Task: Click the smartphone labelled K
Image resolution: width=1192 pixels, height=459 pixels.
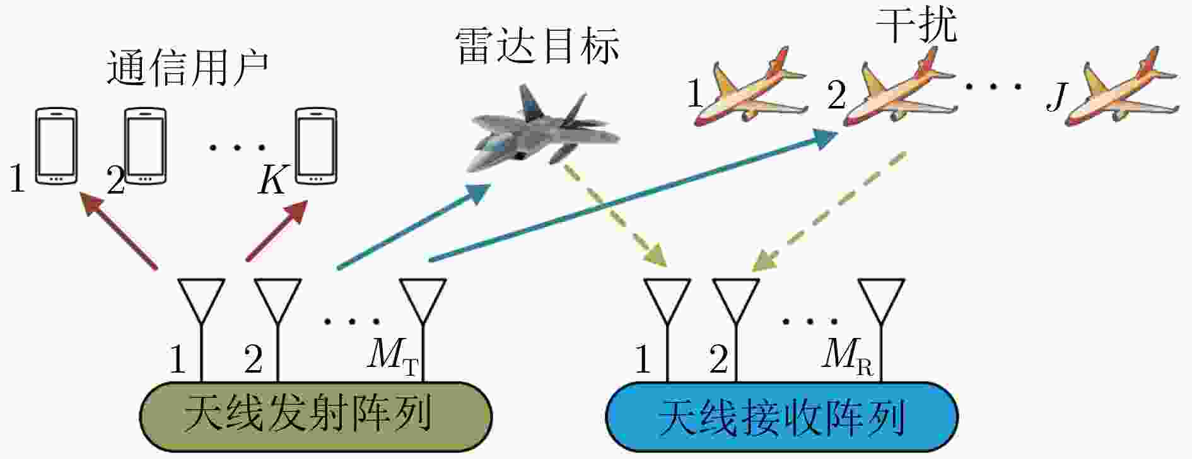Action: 317,145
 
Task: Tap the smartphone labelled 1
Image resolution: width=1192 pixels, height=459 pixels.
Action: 56,146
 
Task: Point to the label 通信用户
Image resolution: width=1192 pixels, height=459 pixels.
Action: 187,68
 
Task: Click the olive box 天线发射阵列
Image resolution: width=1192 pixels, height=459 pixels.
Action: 315,417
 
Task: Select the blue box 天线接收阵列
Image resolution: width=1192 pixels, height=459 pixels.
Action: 781,417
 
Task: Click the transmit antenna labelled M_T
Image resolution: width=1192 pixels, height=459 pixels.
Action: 423,303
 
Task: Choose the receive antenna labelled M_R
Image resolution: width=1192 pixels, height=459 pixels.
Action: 882,303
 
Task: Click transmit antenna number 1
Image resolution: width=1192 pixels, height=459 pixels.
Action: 201,303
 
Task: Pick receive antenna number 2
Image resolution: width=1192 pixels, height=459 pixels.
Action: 736,303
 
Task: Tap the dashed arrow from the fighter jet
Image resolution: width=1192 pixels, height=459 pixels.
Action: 612,214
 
